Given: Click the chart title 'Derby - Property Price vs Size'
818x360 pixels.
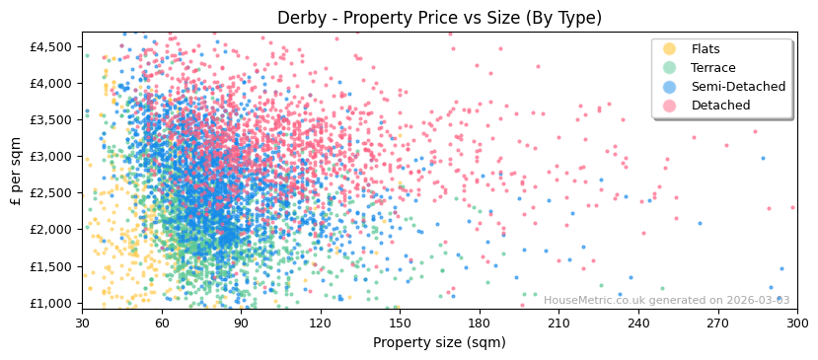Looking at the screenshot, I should [439, 18].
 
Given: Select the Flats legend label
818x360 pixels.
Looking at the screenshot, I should [706, 49].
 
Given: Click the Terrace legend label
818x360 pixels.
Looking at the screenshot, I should [713, 68].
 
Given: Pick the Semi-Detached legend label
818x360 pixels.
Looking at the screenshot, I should [738, 87].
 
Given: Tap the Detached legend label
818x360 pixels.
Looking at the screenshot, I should [720, 106].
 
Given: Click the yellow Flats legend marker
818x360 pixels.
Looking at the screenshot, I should [670, 49].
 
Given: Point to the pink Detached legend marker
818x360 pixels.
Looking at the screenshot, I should [670, 106].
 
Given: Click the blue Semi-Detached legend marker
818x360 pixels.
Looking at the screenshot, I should [670, 87].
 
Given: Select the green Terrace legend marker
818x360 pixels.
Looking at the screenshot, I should [670, 68].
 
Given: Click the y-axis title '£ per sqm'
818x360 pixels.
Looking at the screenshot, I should [16, 171].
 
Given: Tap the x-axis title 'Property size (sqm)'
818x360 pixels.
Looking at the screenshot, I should [439, 343].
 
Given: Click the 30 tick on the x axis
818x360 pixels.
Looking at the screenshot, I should [83, 323].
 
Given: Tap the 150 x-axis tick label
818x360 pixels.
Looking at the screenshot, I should [400, 323].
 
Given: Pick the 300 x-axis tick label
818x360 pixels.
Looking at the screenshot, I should [796, 323].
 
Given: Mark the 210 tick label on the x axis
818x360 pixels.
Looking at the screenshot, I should [558, 323].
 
